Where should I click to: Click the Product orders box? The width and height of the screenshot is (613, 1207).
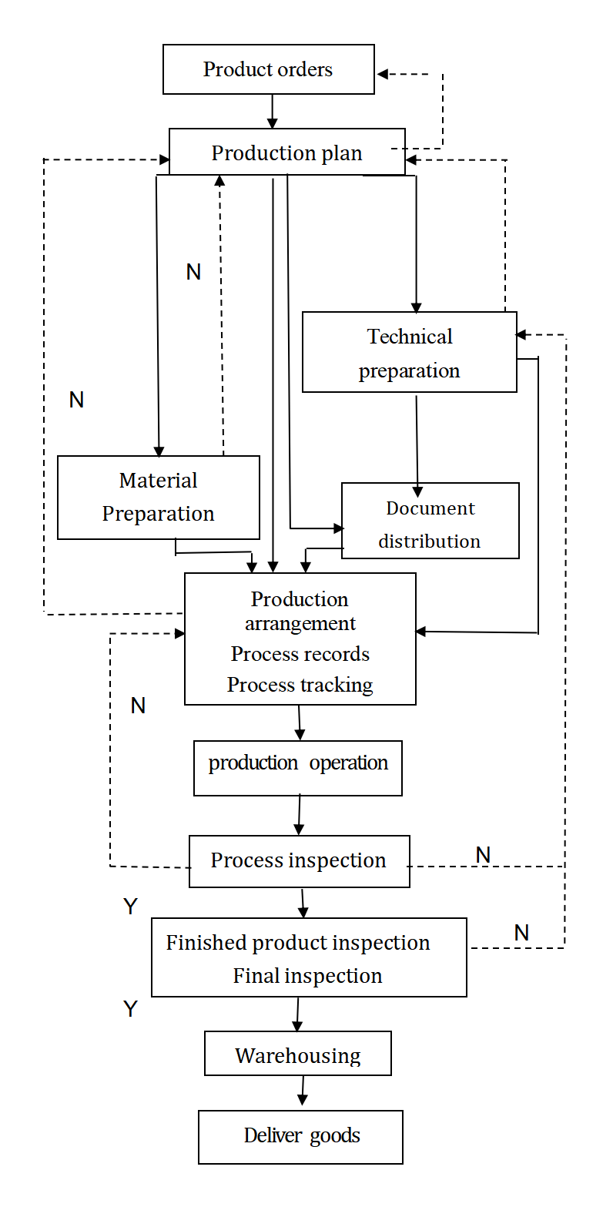tap(268, 69)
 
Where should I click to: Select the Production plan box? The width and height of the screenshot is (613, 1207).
tap(286, 153)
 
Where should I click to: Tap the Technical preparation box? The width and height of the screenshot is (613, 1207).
tap(409, 353)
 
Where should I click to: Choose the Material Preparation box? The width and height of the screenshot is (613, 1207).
tap(158, 498)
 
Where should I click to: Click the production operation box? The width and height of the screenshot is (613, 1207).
tap(298, 768)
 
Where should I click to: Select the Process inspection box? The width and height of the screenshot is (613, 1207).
tap(299, 861)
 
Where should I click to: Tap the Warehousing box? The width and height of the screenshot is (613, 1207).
tap(298, 1054)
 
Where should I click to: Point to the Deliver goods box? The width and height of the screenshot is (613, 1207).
tap(301, 1136)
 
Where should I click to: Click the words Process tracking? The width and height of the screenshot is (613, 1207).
tap(300, 685)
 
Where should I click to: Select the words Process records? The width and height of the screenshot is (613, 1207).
tap(300, 654)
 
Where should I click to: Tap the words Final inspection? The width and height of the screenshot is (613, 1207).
tap(308, 976)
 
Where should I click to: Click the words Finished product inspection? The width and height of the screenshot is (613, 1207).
tap(298, 943)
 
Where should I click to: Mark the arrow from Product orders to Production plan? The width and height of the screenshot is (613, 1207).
tap(272, 111)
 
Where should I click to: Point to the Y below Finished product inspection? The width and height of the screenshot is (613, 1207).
tap(130, 1009)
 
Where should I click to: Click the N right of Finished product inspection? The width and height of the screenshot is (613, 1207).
tap(521, 933)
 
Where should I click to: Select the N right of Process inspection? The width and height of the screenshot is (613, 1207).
tap(483, 855)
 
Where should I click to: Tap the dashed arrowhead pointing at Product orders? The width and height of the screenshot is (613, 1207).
tap(383, 75)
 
